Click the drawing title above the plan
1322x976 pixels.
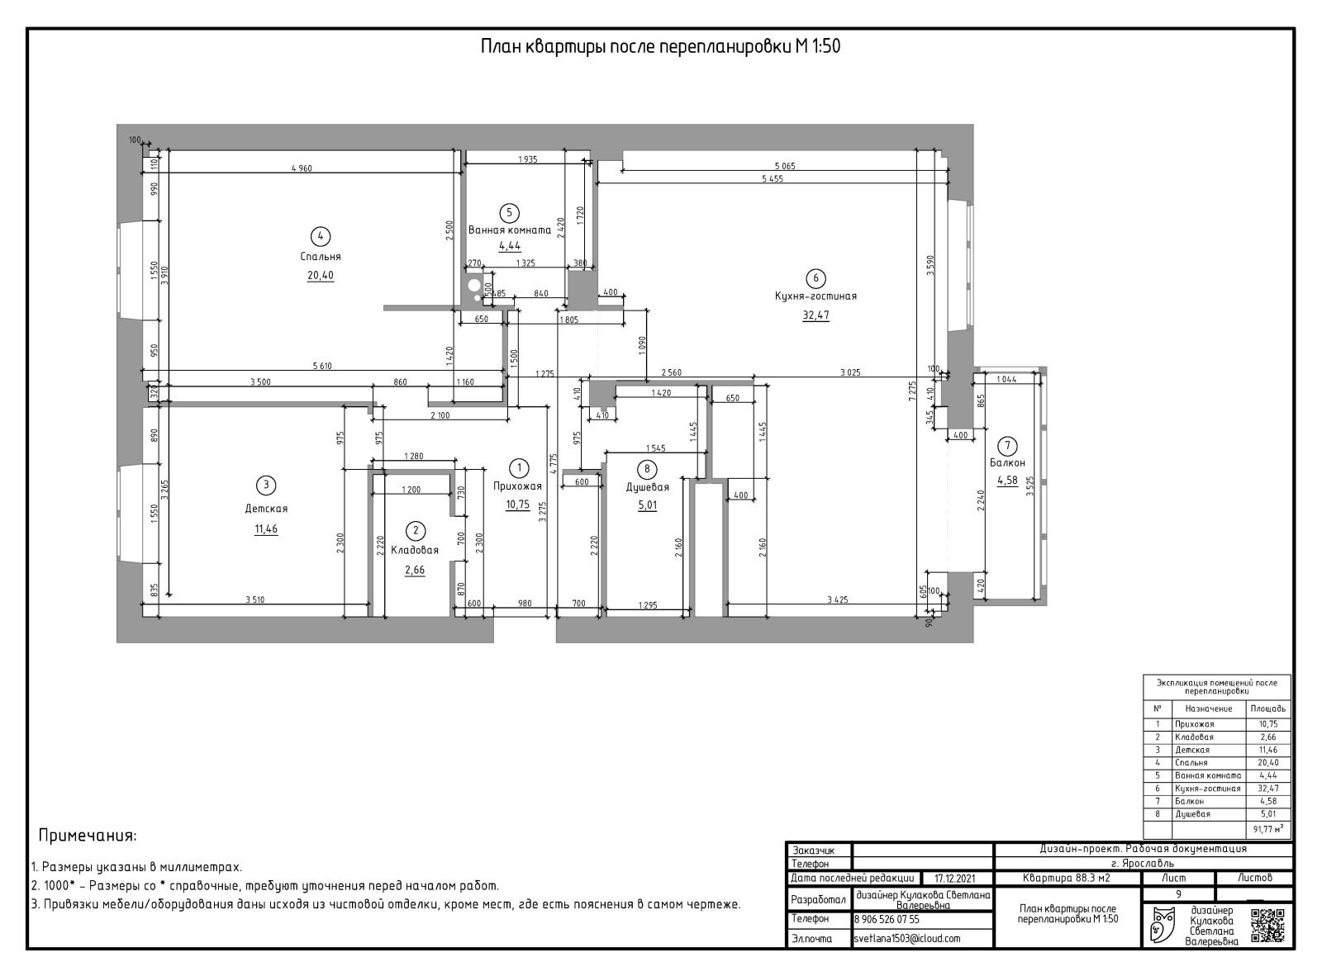coord(660,46)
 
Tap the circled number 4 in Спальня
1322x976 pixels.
coord(321,236)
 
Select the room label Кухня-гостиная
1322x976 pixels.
coord(816,296)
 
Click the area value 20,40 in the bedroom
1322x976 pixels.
coord(321,275)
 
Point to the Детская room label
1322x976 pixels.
coord(266,509)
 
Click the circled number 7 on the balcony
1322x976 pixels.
coord(1007,445)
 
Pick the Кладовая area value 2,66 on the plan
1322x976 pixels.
coord(415,571)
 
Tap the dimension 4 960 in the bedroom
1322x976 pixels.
coord(302,168)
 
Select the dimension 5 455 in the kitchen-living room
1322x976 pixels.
coord(773,178)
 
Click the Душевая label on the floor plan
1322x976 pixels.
coord(647,487)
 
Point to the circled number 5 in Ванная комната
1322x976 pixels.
coord(509,213)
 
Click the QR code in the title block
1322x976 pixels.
coord(1267,926)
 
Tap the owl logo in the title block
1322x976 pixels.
coord(1163,925)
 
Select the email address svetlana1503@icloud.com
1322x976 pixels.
coord(907,939)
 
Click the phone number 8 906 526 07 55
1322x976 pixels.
coord(887,919)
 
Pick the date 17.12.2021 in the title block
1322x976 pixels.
coord(955,879)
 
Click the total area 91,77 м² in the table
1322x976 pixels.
coord(1267,828)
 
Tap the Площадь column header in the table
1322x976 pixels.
coord(1267,709)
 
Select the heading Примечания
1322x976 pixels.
coord(88,836)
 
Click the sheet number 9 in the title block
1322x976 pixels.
coord(1178,893)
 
